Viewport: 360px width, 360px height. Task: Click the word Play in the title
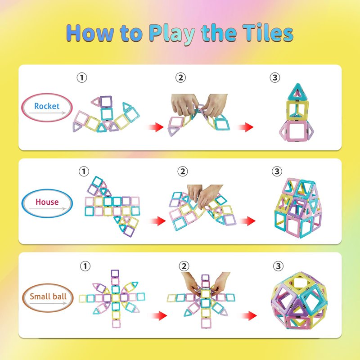click(x=172, y=33)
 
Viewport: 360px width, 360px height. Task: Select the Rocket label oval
click(x=47, y=108)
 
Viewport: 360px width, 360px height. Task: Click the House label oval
click(x=47, y=203)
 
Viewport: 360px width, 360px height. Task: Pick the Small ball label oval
click(x=48, y=298)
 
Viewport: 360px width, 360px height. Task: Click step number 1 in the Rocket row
click(x=82, y=77)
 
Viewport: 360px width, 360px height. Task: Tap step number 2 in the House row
click(x=183, y=171)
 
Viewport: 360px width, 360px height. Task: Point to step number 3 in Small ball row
click(x=278, y=266)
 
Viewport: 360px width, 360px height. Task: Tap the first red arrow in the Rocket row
click(x=156, y=127)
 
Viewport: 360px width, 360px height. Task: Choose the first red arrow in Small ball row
click(x=159, y=316)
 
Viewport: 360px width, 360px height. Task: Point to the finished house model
click(x=298, y=208)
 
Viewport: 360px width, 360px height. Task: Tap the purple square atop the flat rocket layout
click(x=106, y=102)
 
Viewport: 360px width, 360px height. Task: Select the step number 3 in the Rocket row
click(x=275, y=77)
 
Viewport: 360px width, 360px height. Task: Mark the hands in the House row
click(x=204, y=196)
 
